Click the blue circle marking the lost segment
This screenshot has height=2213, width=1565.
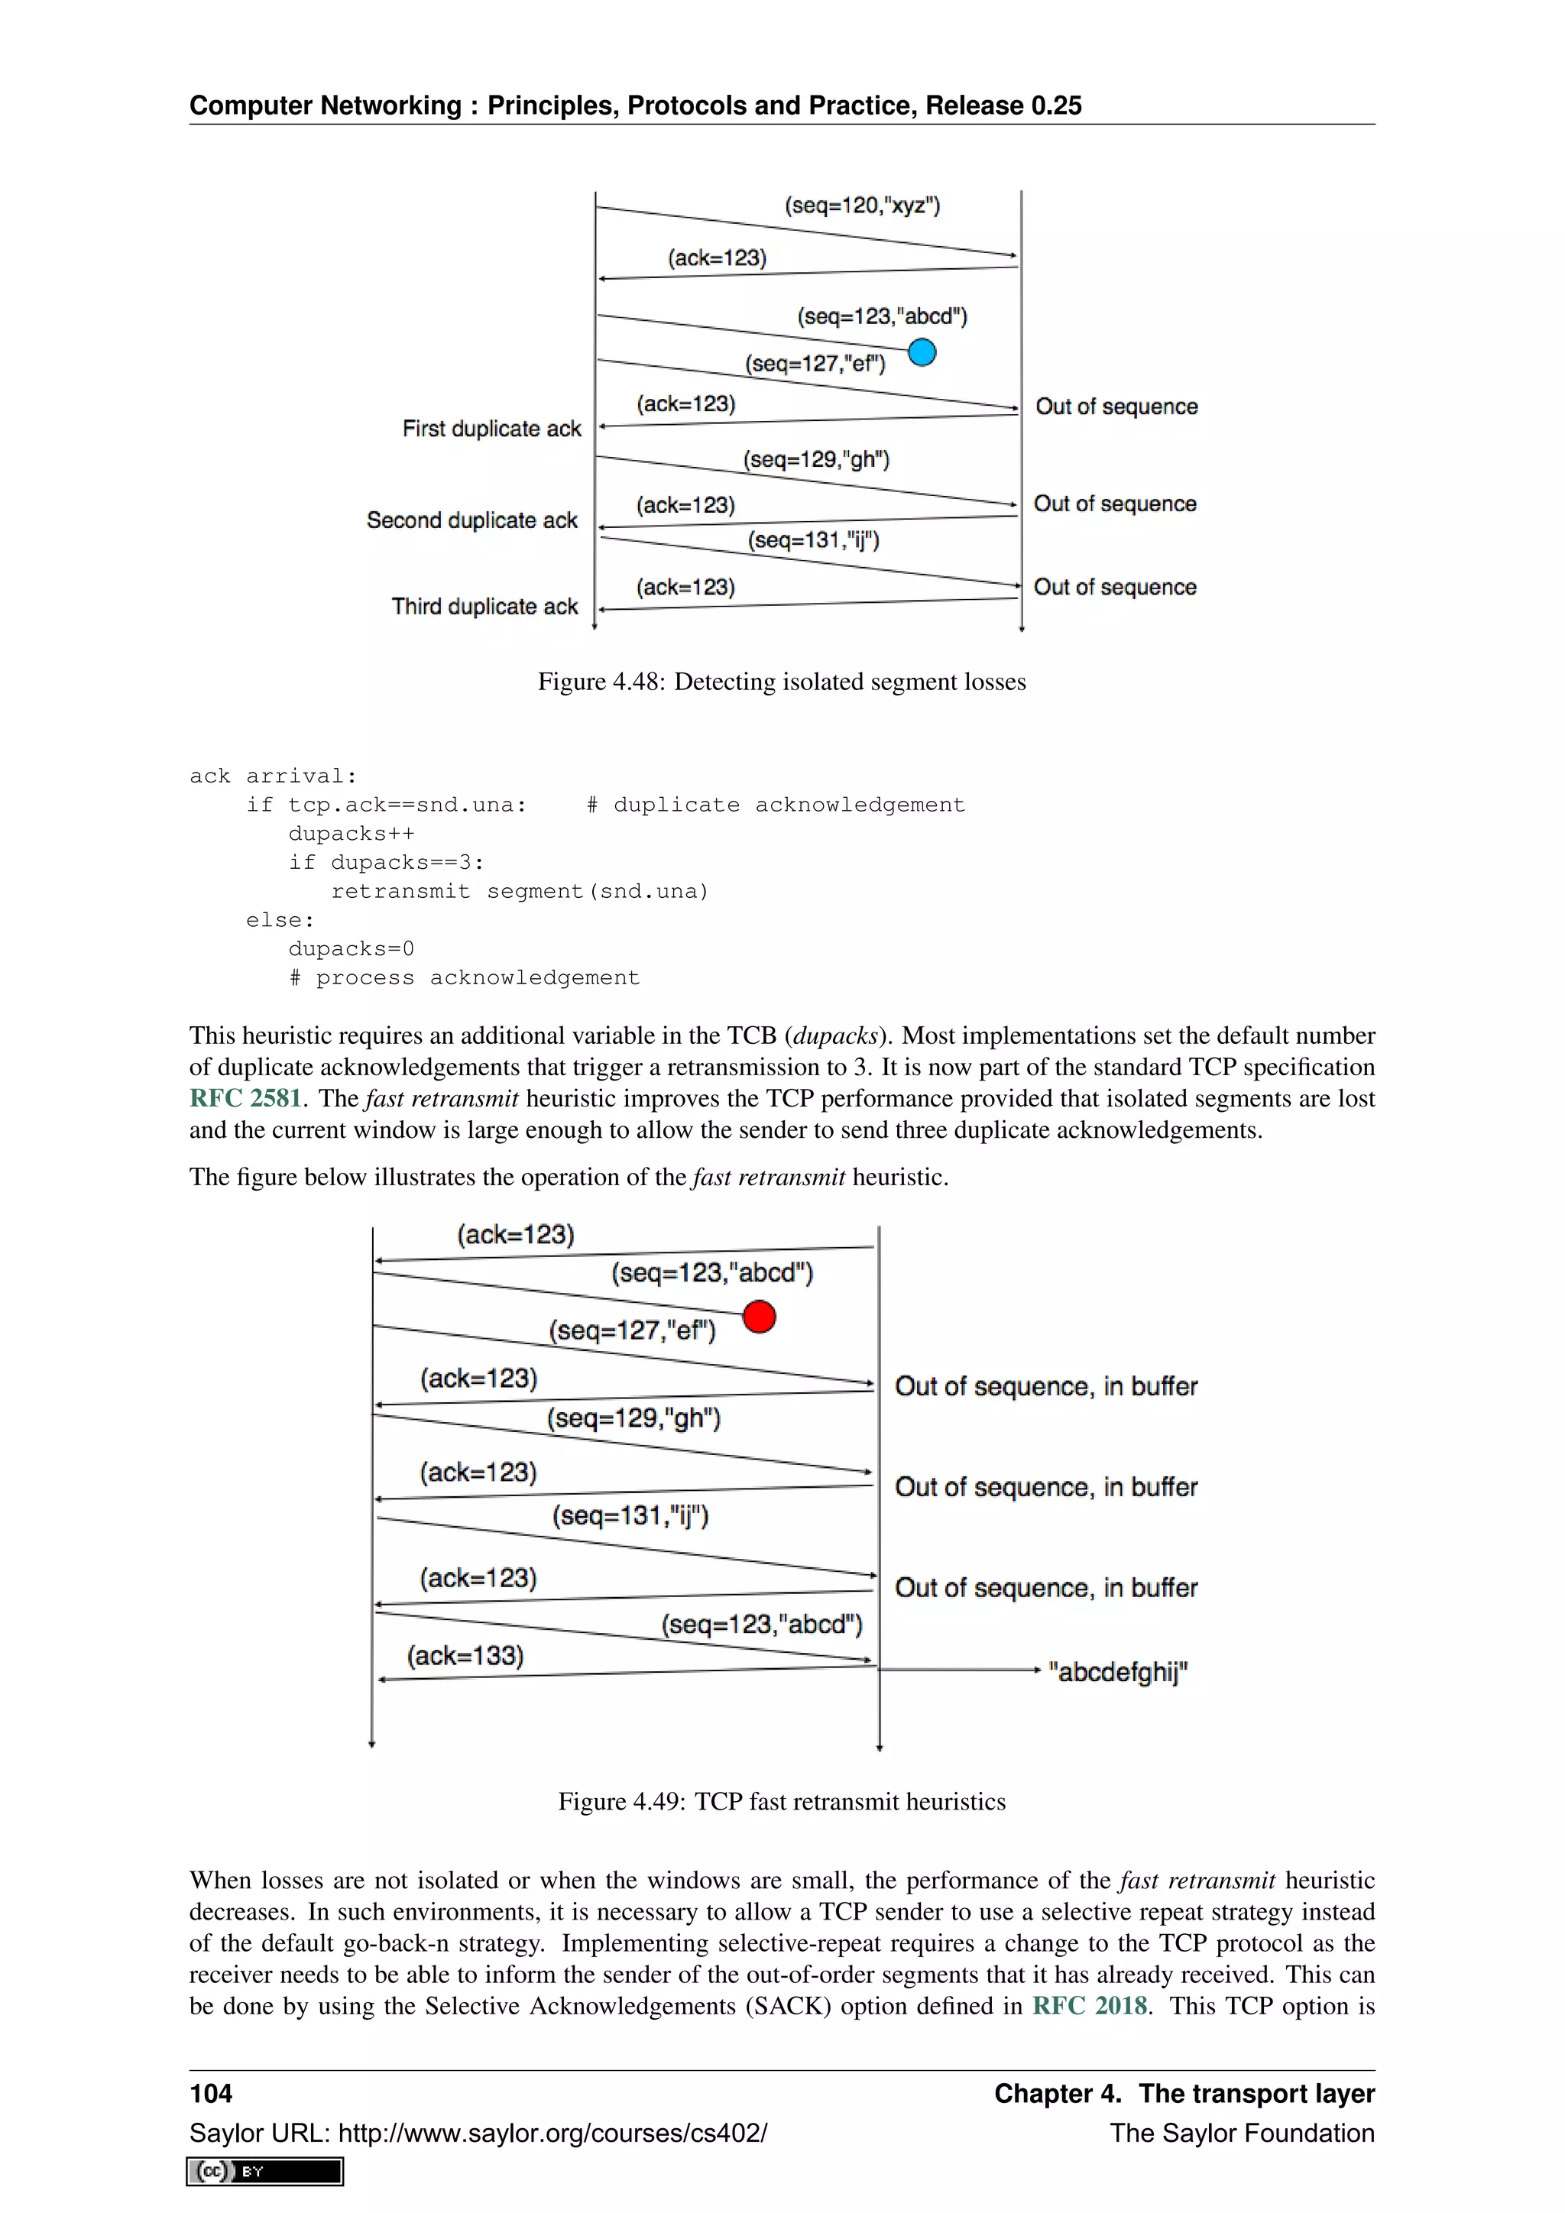[x=922, y=353]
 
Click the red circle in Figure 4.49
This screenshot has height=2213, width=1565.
[x=760, y=1316]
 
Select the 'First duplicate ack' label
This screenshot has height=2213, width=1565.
[x=491, y=429]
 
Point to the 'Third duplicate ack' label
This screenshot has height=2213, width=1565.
[x=484, y=606]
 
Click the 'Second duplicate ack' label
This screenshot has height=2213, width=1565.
[x=471, y=520]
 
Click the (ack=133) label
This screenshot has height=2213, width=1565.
[x=465, y=1656]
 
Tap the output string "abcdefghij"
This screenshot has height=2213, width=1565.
[x=1118, y=1671]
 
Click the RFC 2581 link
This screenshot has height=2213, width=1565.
[x=246, y=1099]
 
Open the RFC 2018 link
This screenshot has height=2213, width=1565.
[x=1090, y=2006]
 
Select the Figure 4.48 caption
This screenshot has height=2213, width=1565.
[x=782, y=682]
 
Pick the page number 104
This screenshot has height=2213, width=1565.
[x=211, y=2094]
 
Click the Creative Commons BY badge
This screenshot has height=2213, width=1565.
[x=265, y=2172]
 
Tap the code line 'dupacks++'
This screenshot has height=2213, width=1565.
[x=352, y=834]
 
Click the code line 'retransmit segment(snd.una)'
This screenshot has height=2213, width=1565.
[x=520, y=892]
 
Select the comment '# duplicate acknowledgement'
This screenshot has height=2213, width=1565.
[x=775, y=805]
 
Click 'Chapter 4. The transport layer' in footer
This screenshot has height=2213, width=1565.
[x=1184, y=2094]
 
